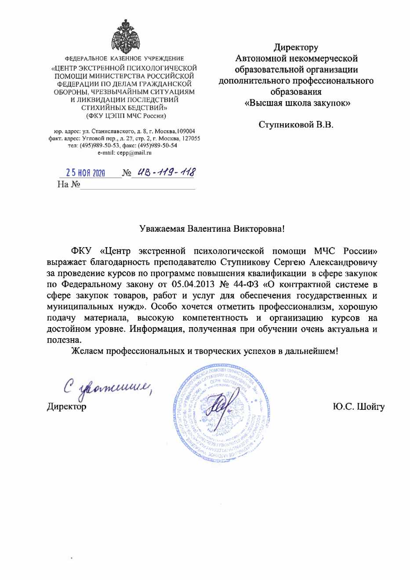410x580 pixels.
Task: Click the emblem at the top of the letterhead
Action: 125,36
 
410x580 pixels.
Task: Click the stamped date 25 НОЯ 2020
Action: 85,173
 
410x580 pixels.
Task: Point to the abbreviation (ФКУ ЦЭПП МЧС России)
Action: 126,116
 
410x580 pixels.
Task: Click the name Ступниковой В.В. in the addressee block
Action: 296,124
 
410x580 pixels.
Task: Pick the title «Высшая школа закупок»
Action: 297,103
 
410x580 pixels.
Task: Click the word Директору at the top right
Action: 296,47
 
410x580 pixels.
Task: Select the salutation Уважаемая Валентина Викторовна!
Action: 212,229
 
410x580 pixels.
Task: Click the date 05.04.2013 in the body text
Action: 192,284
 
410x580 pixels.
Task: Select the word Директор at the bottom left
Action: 67,406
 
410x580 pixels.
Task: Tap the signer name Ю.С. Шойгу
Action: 359,406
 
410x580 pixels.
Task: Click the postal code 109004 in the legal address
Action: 186,131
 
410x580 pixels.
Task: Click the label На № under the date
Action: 69,184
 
